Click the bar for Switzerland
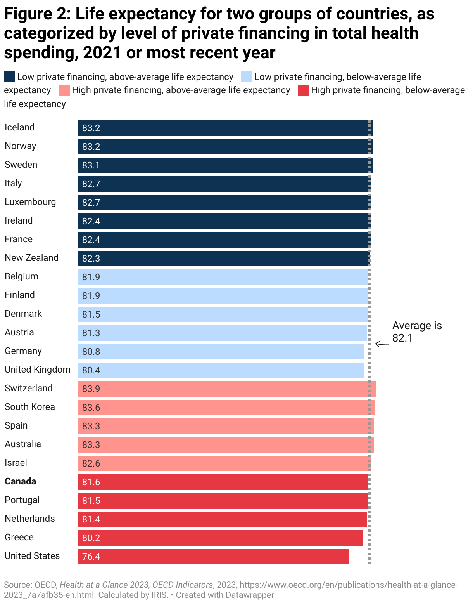[227, 389]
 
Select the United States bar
[213, 556]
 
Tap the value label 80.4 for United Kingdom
[91, 370]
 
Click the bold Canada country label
[20, 481]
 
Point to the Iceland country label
[19, 127]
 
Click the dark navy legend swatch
[9, 77]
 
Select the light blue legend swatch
[247, 77]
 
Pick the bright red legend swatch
[303, 90]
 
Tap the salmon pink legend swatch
[64, 90]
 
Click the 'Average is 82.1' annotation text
[417, 332]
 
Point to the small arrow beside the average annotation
[382, 344]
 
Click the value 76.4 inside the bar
[91, 557]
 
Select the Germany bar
[221, 351]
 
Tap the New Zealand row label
[31, 258]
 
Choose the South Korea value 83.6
[91, 408]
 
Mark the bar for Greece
[220, 538]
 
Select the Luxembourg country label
[30, 202]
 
